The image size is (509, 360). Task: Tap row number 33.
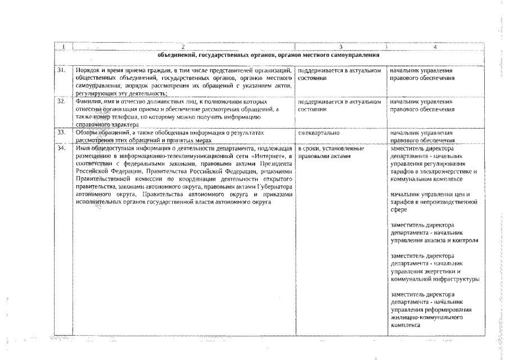(61, 132)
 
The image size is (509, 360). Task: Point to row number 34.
(61, 148)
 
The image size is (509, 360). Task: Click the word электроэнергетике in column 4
(447, 171)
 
